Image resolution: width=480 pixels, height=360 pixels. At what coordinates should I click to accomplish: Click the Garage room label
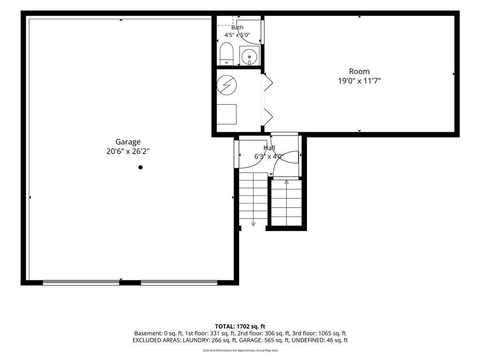(128, 142)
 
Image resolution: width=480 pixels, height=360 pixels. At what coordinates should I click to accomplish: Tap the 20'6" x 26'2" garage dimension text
(128, 151)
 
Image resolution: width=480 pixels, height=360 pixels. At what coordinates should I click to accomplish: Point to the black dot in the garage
(141, 167)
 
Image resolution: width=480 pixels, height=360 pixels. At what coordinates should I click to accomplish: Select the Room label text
(360, 71)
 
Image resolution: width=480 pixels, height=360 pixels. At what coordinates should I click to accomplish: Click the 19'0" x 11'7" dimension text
(360, 81)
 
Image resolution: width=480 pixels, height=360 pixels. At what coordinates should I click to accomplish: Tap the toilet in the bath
(226, 54)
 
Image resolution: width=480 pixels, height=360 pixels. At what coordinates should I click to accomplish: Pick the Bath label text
(237, 28)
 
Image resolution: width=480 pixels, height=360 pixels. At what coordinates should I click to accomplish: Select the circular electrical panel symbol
(227, 85)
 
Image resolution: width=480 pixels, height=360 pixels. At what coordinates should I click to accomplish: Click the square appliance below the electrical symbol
(226, 114)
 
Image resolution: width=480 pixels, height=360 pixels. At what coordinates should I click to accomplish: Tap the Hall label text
(270, 148)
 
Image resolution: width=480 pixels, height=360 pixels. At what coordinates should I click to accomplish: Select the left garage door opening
(81, 283)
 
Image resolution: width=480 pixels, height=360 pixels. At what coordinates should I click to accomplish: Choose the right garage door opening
(179, 283)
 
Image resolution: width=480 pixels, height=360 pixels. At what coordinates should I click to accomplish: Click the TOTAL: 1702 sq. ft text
(240, 326)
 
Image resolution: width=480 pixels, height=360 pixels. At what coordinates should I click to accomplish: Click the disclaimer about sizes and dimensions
(240, 351)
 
